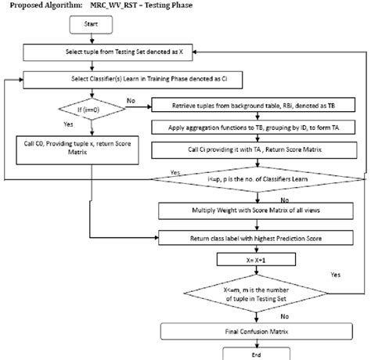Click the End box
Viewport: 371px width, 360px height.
point(243,352)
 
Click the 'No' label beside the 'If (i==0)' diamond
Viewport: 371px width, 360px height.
point(131,101)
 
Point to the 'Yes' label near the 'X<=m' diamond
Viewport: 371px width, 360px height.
point(336,275)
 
